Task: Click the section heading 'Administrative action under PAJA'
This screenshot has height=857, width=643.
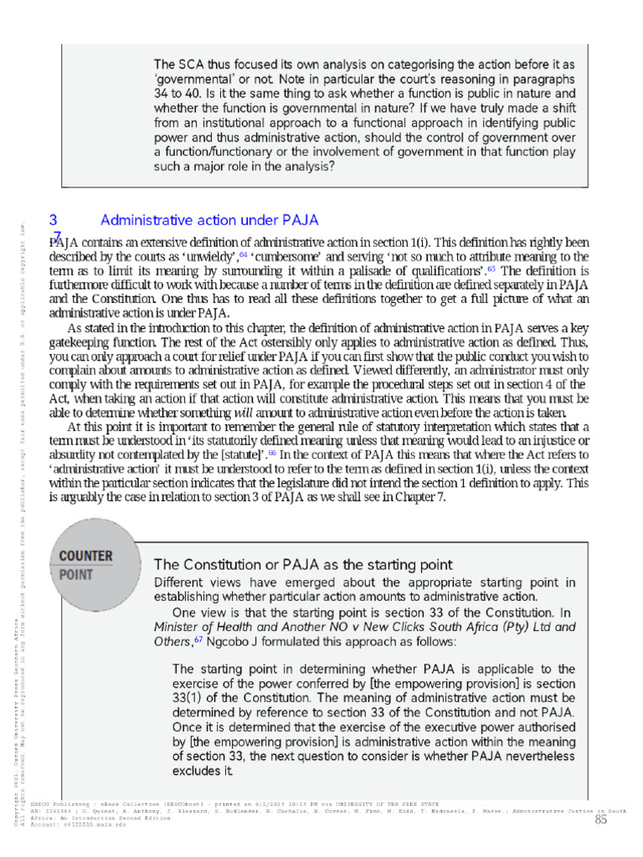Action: pos(209,220)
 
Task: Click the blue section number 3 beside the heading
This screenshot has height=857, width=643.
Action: pos(53,220)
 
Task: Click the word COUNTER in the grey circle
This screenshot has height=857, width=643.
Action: pos(86,556)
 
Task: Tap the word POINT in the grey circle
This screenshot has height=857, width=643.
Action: pos(76,576)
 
